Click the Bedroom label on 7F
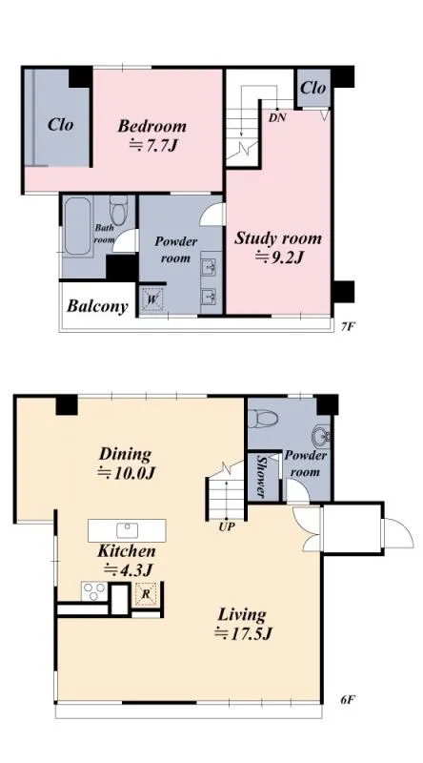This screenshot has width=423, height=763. point(151,126)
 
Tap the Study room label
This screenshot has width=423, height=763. point(278,238)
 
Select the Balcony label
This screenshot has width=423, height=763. point(97,306)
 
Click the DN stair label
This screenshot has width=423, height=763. point(277,117)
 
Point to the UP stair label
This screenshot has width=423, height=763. point(227,526)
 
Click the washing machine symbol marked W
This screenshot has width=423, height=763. point(152,299)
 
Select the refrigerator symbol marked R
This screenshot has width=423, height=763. point(146,593)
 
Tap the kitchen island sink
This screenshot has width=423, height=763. point(128,530)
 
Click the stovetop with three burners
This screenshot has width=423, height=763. point(93,591)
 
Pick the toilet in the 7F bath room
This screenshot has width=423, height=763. point(118,210)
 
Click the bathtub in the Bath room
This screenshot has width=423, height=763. point(78,226)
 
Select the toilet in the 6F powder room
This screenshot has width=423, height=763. point(263,418)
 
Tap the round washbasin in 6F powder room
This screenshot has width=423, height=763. point(321,436)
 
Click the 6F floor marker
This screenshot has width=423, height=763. point(347,700)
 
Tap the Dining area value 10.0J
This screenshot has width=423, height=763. point(127,473)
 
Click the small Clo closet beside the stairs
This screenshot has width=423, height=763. point(313,88)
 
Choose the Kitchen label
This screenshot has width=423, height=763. point(127,551)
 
